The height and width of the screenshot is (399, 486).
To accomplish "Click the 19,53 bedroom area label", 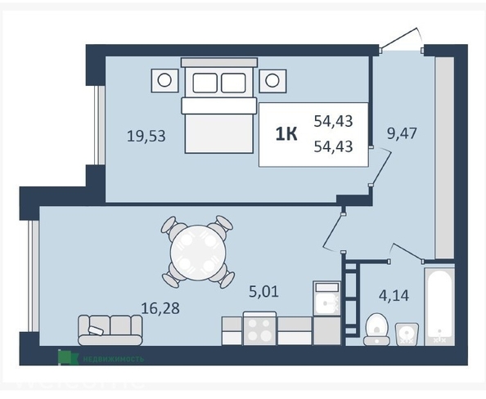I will (147, 136).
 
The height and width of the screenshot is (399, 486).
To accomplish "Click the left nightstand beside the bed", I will (164, 79).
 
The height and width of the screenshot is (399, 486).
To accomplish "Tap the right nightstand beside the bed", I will (274, 79).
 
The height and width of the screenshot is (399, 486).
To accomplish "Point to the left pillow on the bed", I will (205, 82).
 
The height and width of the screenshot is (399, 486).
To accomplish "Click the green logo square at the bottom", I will (67, 357).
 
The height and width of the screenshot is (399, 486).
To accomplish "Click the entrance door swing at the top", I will (403, 37).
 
